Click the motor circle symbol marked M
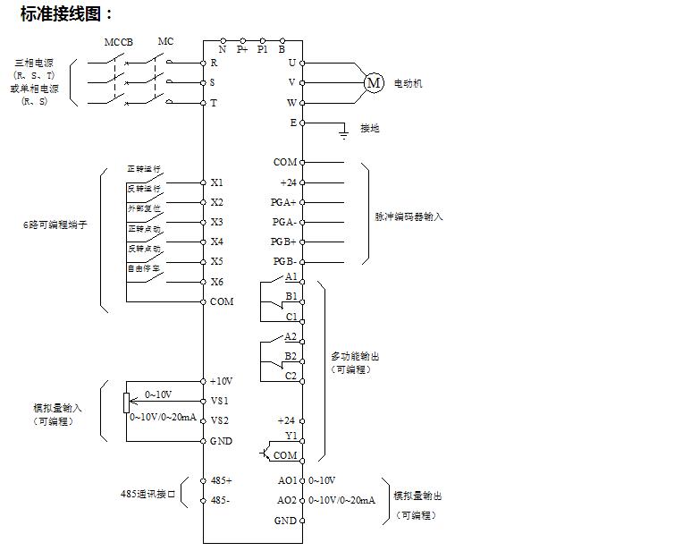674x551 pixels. (374, 83)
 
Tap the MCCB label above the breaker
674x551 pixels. (118, 42)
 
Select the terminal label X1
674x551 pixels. (217, 182)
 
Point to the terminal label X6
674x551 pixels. (217, 282)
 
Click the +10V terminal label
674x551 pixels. (220, 381)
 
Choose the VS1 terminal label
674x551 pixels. (220, 401)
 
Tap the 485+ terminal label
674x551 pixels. (221, 480)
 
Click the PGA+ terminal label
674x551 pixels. (284, 202)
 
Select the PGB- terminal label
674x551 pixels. (284, 261)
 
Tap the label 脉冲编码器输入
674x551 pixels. (409, 216)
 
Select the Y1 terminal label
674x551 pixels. (290, 437)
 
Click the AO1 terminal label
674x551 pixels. (286, 480)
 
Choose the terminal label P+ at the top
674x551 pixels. (242, 50)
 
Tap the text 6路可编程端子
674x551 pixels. (56, 225)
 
